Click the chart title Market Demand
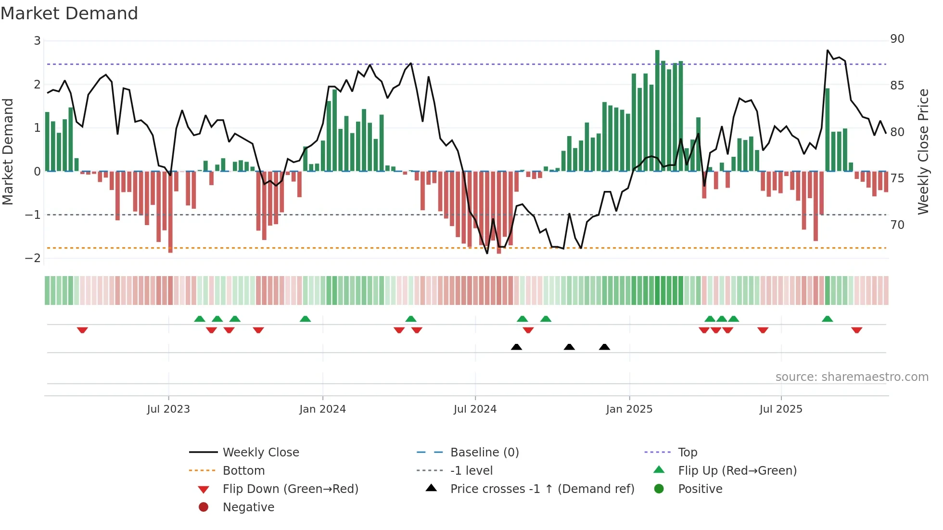point(69,13)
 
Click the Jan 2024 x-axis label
point(322,409)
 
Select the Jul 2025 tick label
point(781,409)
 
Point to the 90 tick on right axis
point(897,39)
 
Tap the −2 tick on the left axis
point(33,258)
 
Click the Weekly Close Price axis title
point(923,151)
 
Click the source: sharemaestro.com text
point(852,377)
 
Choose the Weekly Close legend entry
point(260,453)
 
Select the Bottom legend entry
point(243,471)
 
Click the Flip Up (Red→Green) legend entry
point(737,471)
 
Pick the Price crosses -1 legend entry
point(542,489)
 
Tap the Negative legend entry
point(248,507)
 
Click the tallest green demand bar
point(657,111)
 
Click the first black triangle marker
point(516,347)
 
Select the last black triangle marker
point(604,347)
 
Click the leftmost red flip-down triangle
point(82,330)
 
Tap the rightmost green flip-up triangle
point(827,319)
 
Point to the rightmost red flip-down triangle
point(856,330)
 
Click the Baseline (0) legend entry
point(484,453)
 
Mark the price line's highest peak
point(828,50)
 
